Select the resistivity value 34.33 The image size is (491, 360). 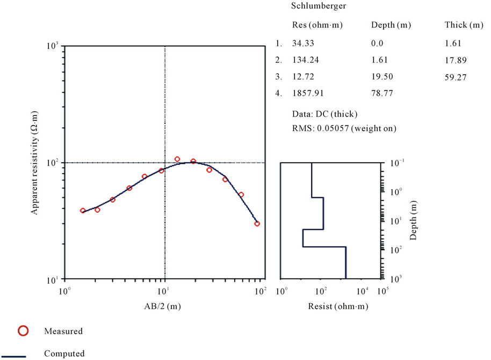(x=303, y=44)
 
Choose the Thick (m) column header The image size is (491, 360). (x=464, y=25)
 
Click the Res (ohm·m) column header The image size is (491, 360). (x=317, y=25)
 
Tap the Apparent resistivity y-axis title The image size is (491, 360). (x=34, y=164)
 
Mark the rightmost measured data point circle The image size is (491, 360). (x=257, y=224)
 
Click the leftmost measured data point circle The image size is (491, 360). (x=83, y=211)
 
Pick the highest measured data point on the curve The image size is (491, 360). (x=177, y=159)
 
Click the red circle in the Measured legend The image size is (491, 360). (x=24, y=331)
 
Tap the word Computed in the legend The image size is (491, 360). (x=64, y=354)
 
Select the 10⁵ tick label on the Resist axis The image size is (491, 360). (x=382, y=291)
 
